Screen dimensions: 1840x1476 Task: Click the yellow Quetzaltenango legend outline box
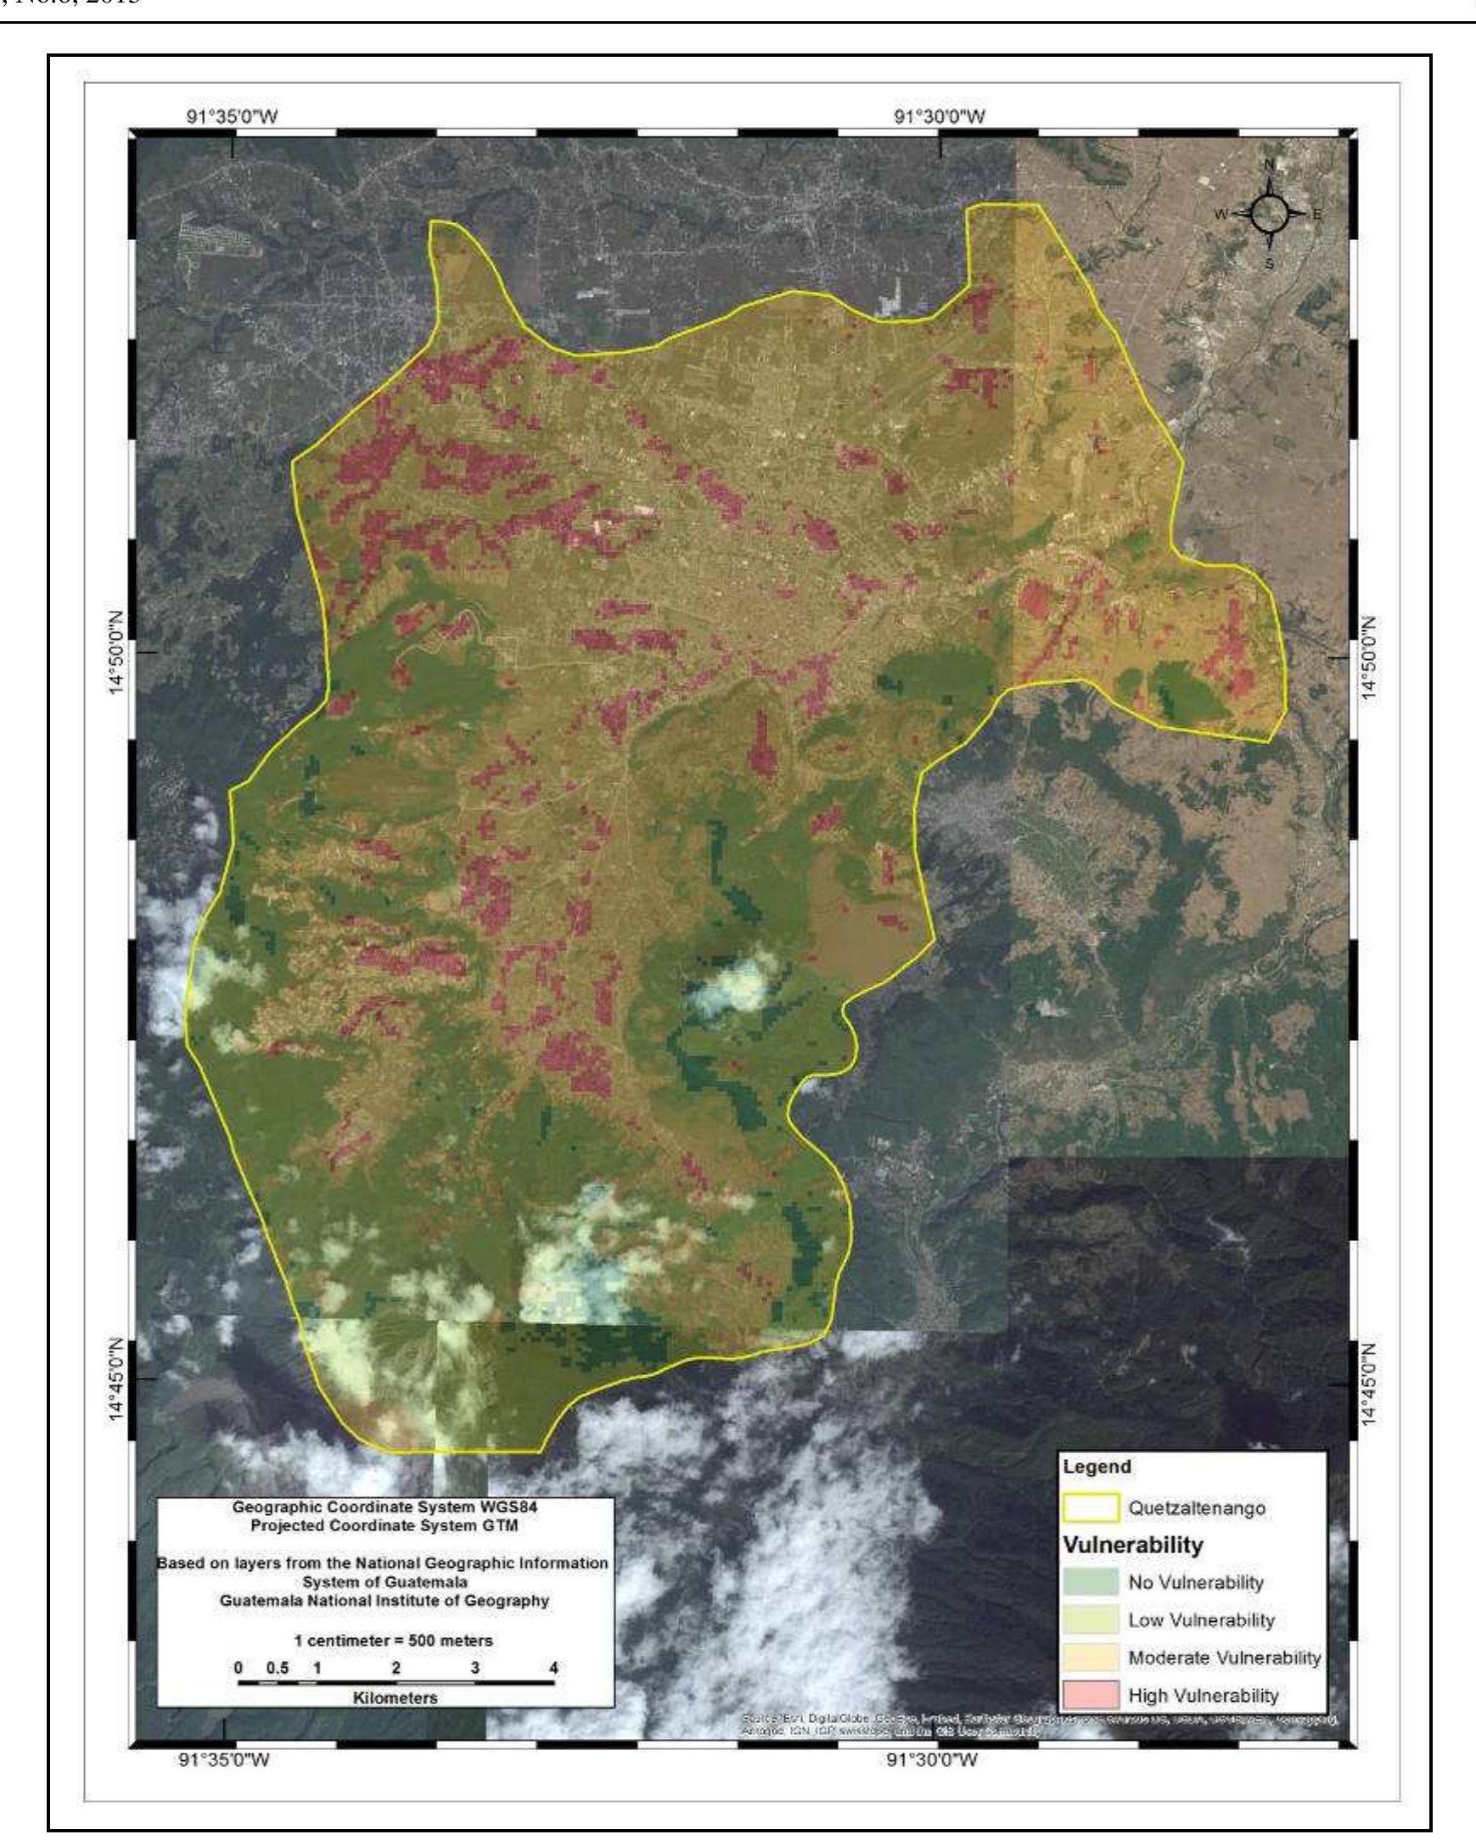pyautogui.click(x=1091, y=1508)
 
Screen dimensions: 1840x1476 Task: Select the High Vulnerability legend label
pyautogui.click(x=1203, y=1695)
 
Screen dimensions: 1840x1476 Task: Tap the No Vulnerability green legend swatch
pyautogui.click(x=1091, y=1581)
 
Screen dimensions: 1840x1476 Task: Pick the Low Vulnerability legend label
pyautogui.click(x=1200, y=1619)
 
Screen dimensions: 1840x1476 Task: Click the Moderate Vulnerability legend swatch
pyautogui.click(x=1091, y=1658)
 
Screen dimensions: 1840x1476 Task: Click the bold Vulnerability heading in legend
pyautogui.click(x=1132, y=1544)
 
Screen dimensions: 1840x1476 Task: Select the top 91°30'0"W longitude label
pyautogui.click(x=940, y=116)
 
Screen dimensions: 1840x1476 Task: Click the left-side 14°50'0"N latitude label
pyautogui.click(x=116, y=653)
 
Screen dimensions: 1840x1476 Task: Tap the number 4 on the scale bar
pyautogui.click(x=554, y=1668)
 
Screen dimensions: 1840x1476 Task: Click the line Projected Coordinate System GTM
pyautogui.click(x=385, y=1525)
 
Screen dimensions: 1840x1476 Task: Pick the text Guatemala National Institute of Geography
pyautogui.click(x=384, y=1600)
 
